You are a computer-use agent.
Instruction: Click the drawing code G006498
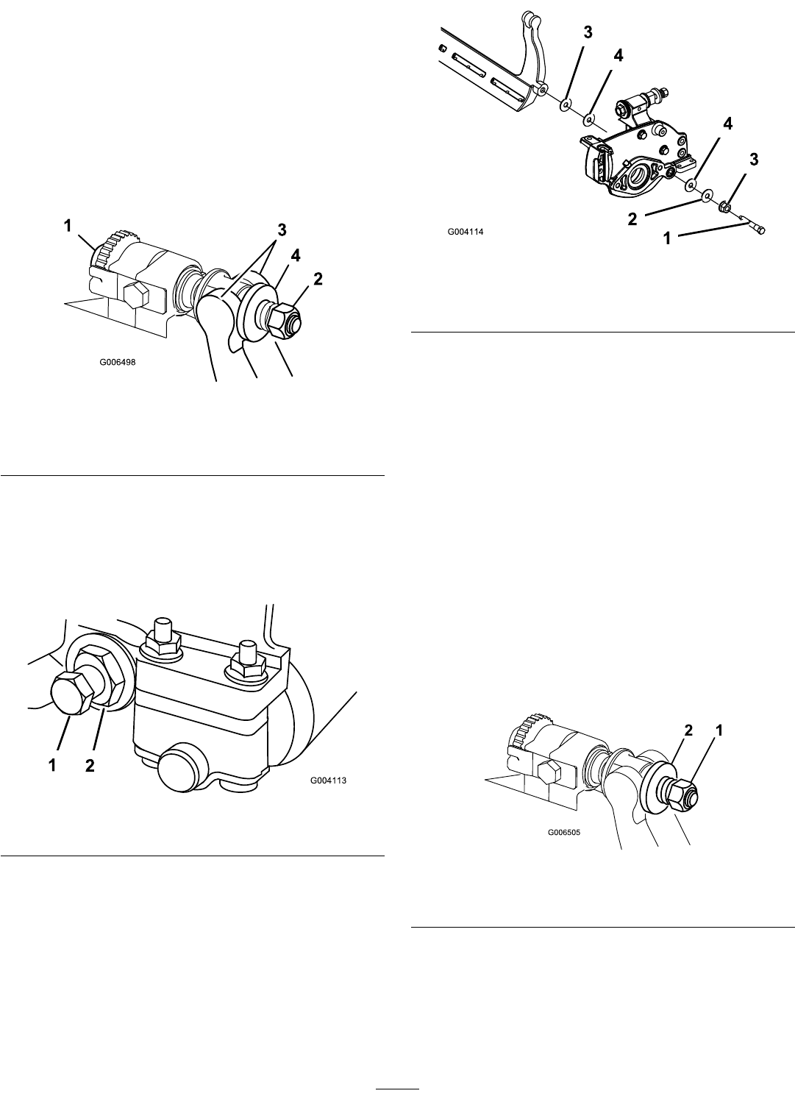[117, 362]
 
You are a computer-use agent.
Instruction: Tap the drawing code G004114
[465, 232]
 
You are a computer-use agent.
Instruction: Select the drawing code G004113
[329, 780]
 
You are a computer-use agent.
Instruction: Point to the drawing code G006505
[563, 832]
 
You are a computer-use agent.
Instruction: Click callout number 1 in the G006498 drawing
[68, 226]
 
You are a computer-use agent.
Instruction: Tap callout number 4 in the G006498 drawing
[295, 256]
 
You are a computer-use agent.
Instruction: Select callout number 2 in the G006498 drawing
[318, 279]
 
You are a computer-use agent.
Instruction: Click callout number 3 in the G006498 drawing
[282, 230]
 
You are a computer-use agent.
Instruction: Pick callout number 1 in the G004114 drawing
[667, 239]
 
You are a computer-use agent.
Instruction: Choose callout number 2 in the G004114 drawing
[632, 219]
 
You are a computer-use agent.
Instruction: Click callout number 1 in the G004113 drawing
[52, 766]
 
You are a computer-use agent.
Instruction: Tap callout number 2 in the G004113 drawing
[90, 766]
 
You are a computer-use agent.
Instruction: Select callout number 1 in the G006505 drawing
[719, 730]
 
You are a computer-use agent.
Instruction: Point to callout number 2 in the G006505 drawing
[688, 730]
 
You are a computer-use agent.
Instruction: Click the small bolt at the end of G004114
[755, 227]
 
